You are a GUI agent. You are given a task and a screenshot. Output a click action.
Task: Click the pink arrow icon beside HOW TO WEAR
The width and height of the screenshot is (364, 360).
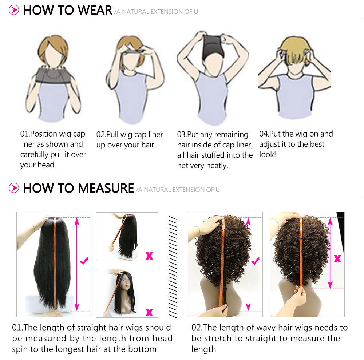click(x=14, y=10)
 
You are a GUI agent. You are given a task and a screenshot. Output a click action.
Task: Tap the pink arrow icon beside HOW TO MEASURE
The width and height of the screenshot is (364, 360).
click(x=14, y=188)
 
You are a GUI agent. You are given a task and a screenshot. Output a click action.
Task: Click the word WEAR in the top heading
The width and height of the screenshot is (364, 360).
click(x=95, y=10)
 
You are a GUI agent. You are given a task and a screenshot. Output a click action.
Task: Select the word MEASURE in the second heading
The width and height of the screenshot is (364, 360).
click(x=106, y=188)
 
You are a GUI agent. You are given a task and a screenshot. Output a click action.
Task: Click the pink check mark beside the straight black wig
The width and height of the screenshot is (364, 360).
click(x=84, y=261)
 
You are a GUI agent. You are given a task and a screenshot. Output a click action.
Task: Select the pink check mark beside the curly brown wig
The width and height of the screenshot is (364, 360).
click(x=256, y=261)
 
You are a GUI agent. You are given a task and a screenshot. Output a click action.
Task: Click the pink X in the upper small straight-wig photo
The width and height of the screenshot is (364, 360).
click(x=149, y=256)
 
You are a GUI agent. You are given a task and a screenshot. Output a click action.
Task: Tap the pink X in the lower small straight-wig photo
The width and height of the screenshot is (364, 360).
click(x=149, y=312)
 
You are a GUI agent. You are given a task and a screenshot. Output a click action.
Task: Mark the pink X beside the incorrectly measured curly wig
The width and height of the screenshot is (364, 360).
click(x=337, y=258)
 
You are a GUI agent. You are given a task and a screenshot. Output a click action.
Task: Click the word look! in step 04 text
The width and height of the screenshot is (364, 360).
click(x=268, y=154)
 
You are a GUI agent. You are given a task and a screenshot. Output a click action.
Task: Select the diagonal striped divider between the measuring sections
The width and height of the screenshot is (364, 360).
click(x=173, y=267)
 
